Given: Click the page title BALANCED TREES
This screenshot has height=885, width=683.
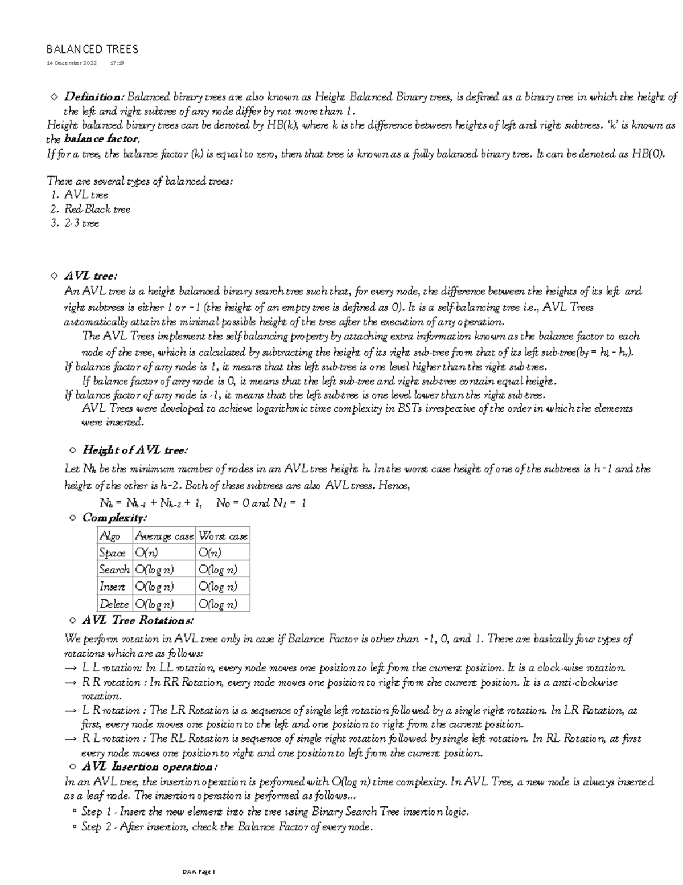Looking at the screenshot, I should tap(92, 50).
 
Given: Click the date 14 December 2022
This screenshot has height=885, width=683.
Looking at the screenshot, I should tap(72, 63).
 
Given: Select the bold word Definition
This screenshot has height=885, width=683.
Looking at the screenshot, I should tap(94, 97).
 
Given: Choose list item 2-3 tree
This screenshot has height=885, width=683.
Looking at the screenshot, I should tap(81, 223).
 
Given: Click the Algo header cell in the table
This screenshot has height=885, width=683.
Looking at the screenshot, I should tap(110, 536).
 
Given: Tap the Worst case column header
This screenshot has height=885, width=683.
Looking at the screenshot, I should tap(223, 536).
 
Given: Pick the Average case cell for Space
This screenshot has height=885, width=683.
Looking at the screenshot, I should tap(146, 553).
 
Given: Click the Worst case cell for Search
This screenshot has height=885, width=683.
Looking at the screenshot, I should tap(217, 570).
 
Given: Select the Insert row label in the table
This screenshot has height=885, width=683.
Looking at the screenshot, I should tap(113, 587).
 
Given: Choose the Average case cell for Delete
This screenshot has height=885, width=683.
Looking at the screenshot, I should tap(154, 604).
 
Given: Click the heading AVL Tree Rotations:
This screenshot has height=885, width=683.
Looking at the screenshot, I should tap(138, 620).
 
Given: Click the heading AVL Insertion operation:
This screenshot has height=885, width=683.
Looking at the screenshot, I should tap(150, 766).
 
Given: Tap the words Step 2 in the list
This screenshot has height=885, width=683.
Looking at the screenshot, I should tap(92, 827).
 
